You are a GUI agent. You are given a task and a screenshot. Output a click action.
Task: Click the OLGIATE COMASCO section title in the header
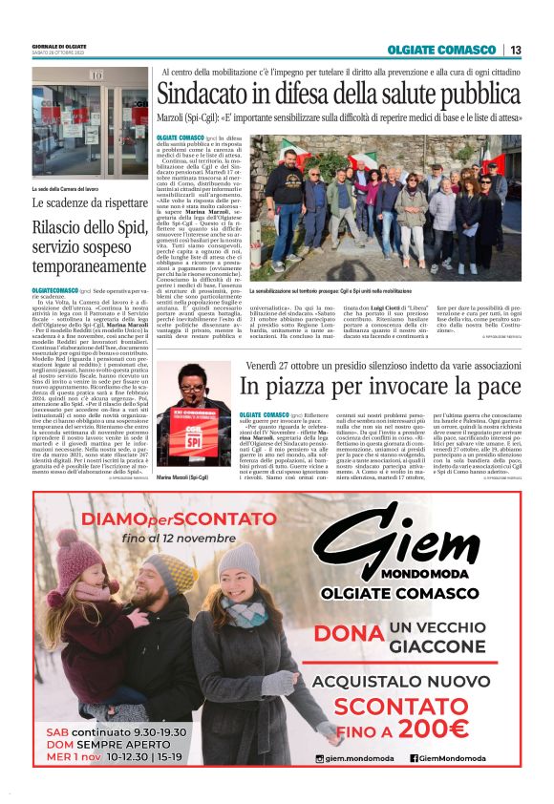(442, 50)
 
